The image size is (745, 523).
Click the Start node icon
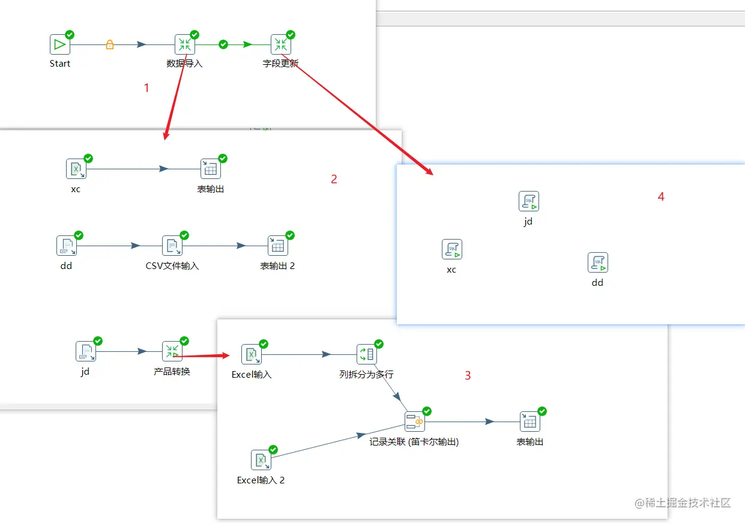point(60,44)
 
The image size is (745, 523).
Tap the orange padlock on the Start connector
point(110,44)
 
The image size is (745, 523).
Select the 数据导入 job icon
point(185,44)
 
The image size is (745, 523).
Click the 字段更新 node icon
point(280,44)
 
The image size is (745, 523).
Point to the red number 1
point(146,88)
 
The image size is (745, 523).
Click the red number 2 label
point(334,179)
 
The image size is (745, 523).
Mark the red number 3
point(468,376)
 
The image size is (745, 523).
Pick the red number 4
point(661,196)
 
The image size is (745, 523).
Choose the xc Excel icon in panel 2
point(76,169)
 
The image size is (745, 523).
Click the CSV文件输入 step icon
point(172,246)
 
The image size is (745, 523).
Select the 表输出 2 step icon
point(278,246)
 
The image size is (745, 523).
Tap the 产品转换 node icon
point(172,351)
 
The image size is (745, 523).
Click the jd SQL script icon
point(529,201)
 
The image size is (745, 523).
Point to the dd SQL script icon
point(598,262)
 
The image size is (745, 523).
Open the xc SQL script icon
point(452,249)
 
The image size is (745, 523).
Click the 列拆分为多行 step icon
point(367,354)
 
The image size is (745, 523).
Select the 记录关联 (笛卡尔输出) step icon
point(415,422)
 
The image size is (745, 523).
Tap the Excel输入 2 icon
point(261,460)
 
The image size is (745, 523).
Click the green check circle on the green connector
point(223,44)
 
